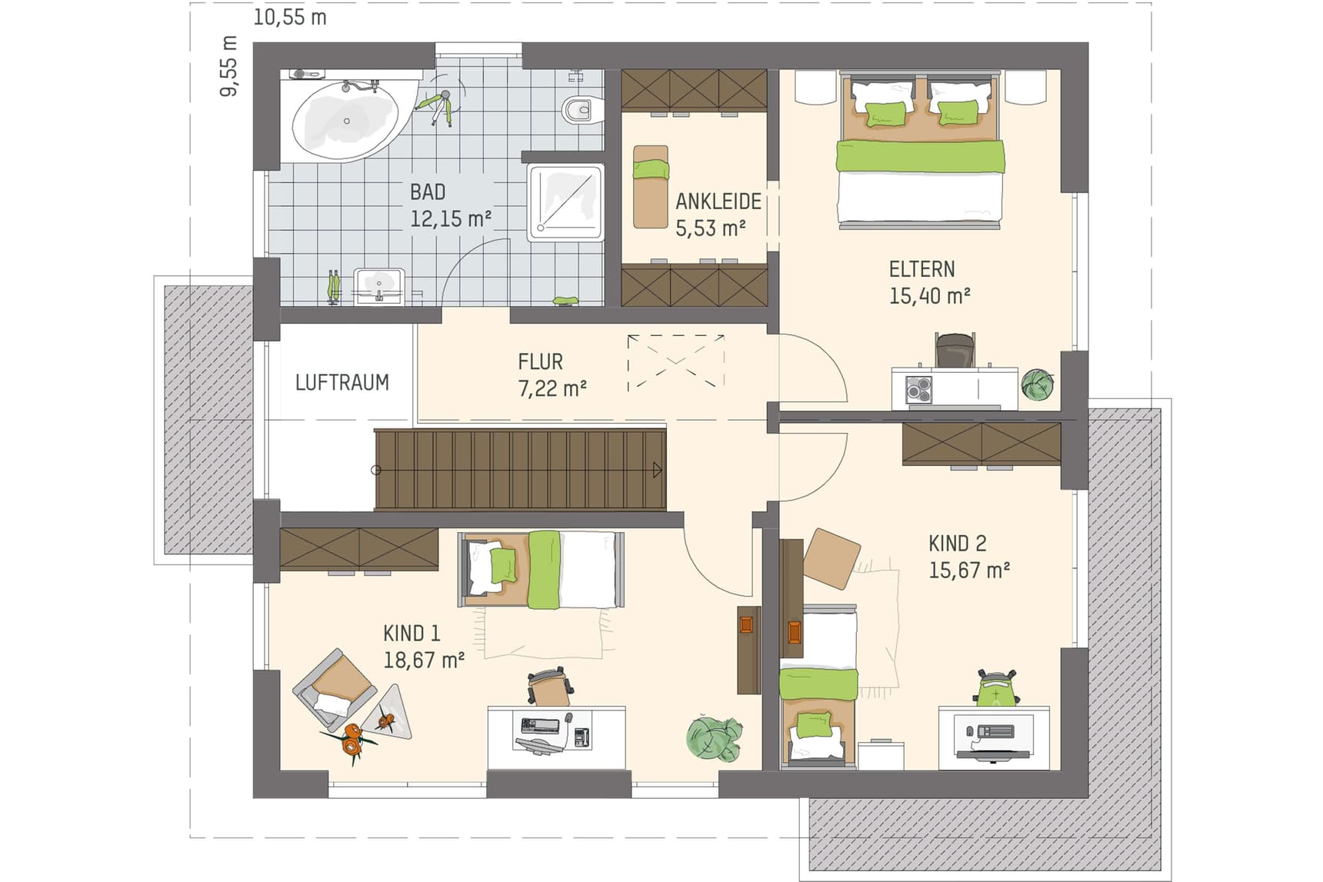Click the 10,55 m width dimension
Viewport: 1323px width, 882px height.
click(x=290, y=17)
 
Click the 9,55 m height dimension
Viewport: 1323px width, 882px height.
click(x=229, y=66)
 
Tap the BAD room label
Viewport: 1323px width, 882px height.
click(x=428, y=192)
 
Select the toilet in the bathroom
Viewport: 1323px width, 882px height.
click(x=578, y=111)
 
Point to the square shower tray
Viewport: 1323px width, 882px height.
click(x=565, y=202)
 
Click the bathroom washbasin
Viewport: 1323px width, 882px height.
click(x=379, y=286)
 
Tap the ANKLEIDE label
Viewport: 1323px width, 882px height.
click(x=718, y=201)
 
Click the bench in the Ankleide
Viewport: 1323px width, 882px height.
click(x=651, y=187)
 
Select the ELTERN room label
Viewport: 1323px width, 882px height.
click(x=922, y=269)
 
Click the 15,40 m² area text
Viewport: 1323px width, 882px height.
click(x=930, y=296)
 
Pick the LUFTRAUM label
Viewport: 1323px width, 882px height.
click(x=342, y=382)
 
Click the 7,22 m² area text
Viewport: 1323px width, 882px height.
click(x=553, y=388)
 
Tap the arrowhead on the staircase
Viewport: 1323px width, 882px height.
click(x=657, y=470)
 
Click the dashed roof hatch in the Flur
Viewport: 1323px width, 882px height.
click(x=676, y=362)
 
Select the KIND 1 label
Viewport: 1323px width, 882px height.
click(x=412, y=634)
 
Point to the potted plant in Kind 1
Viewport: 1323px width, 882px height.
click(x=715, y=738)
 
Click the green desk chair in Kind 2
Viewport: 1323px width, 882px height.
click(x=996, y=687)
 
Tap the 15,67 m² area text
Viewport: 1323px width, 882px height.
click(x=969, y=571)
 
